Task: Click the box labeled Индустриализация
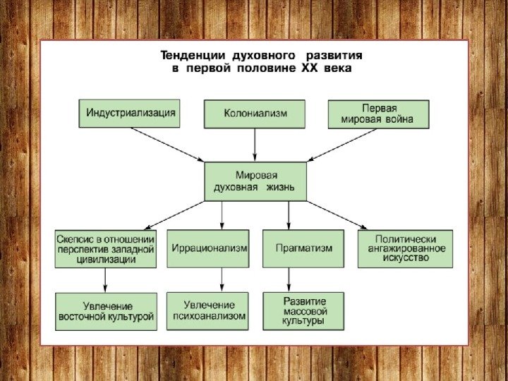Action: coord(128,113)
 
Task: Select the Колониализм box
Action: coord(255,114)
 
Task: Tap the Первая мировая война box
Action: coord(379,114)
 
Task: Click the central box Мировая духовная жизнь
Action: coord(255,181)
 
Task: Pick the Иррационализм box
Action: coord(208,248)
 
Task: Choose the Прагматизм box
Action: coord(303,248)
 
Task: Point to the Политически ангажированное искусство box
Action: coord(405,248)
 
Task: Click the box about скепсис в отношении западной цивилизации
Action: coord(106,248)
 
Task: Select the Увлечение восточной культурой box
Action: coord(106,311)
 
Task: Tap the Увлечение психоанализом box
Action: coord(208,311)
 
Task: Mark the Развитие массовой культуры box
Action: coord(303,311)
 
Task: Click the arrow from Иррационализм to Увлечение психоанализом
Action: coord(222,280)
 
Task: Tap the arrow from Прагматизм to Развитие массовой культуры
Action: coord(288,280)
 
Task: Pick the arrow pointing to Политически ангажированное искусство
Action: coord(337,215)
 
